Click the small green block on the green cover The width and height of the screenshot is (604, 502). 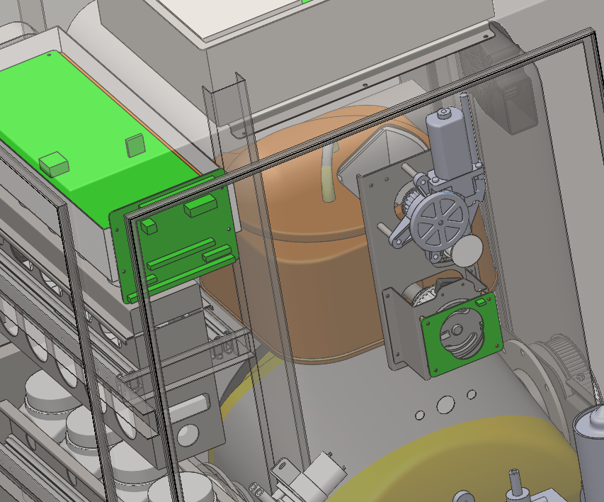coord(55,164)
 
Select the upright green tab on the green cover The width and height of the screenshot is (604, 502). coord(135,146)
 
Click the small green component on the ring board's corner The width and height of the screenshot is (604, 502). coord(482,303)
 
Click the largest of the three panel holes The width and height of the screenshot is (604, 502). coord(445,404)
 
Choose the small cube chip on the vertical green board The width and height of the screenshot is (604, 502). coord(149,226)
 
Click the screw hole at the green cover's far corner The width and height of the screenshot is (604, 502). coord(49,54)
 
